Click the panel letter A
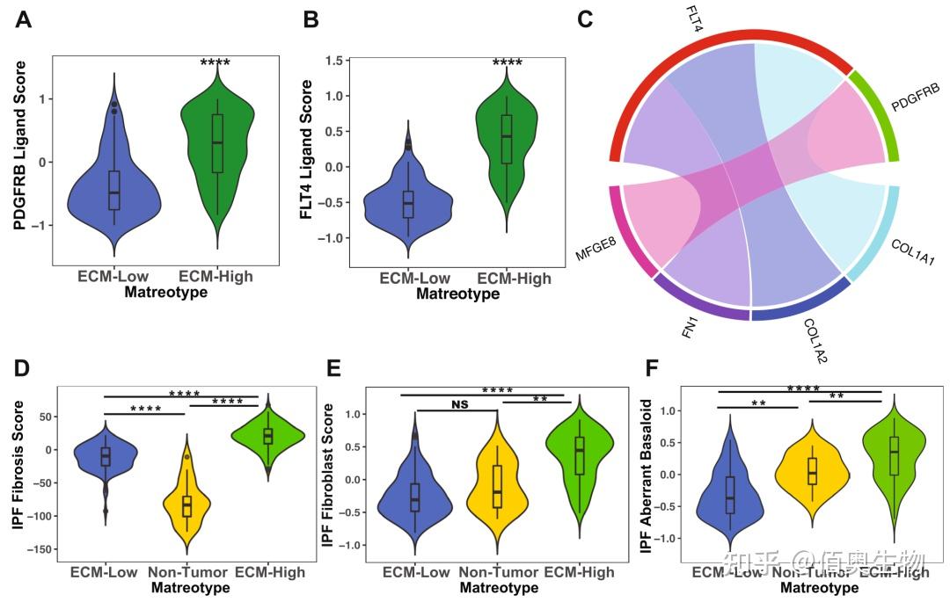coord(24,18)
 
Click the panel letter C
coord(585,18)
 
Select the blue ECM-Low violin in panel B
coord(407,207)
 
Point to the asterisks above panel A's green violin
coord(215,63)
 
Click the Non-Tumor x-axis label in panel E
coord(497,572)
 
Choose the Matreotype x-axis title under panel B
coord(459,294)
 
